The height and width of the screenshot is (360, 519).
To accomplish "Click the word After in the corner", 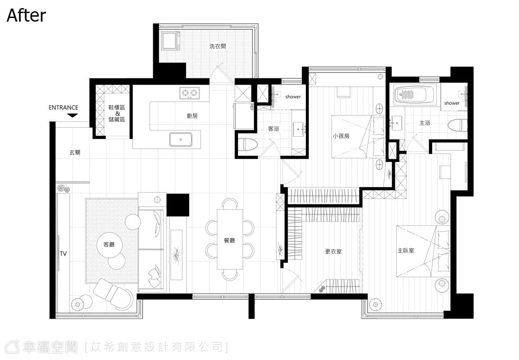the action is click(x=26, y=16).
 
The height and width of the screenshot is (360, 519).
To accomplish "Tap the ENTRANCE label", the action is click(x=63, y=108).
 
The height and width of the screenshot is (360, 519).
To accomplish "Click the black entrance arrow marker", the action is click(x=72, y=116).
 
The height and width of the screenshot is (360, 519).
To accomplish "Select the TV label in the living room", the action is click(x=63, y=254).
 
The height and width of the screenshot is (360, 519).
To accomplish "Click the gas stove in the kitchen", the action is click(x=190, y=93).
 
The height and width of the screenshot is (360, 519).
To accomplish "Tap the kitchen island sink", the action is click(x=180, y=139).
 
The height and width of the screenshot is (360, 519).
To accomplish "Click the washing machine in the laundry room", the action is click(x=170, y=40).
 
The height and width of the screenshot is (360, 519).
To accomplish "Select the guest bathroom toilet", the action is click(x=248, y=144).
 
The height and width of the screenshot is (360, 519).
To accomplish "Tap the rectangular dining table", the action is click(x=230, y=239).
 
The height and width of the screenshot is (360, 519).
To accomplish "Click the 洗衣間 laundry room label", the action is click(x=218, y=46).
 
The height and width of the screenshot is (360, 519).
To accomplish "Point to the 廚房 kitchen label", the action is click(x=192, y=116).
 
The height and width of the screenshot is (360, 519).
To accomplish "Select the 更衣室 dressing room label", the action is click(x=333, y=252).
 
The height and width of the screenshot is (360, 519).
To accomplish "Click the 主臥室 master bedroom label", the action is click(x=406, y=250).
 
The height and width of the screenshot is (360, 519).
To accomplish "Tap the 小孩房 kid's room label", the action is click(x=341, y=136).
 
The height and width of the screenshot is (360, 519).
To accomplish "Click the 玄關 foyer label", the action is click(x=75, y=153).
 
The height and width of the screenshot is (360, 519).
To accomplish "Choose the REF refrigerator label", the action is click(x=252, y=107).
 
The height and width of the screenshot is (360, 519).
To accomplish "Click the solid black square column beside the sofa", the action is click(x=178, y=205).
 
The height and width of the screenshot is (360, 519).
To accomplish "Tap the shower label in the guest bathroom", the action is click(x=293, y=97).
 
